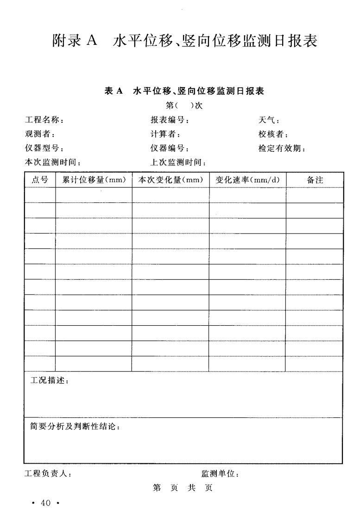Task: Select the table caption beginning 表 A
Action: tap(184, 91)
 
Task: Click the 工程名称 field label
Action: tap(44, 121)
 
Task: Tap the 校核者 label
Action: tap(273, 135)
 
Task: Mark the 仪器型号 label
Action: tap(44, 149)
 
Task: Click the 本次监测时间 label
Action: tap(53, 163)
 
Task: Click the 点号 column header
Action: tap(40, 180)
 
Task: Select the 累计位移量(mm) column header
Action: tap(94, 180)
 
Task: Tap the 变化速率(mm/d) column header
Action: tap(247, 180)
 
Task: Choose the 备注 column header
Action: tap(315, 180)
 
